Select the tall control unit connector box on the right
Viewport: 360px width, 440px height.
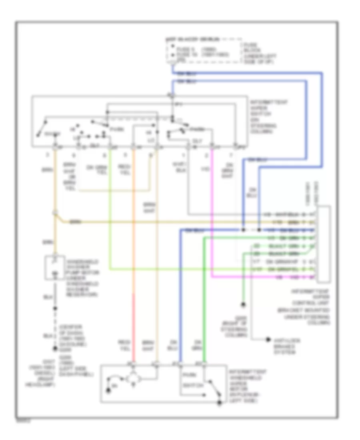(323, 243)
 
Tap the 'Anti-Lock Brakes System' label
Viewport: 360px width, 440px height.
(287, 346)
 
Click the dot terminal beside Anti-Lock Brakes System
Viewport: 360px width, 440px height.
(268, 340)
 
